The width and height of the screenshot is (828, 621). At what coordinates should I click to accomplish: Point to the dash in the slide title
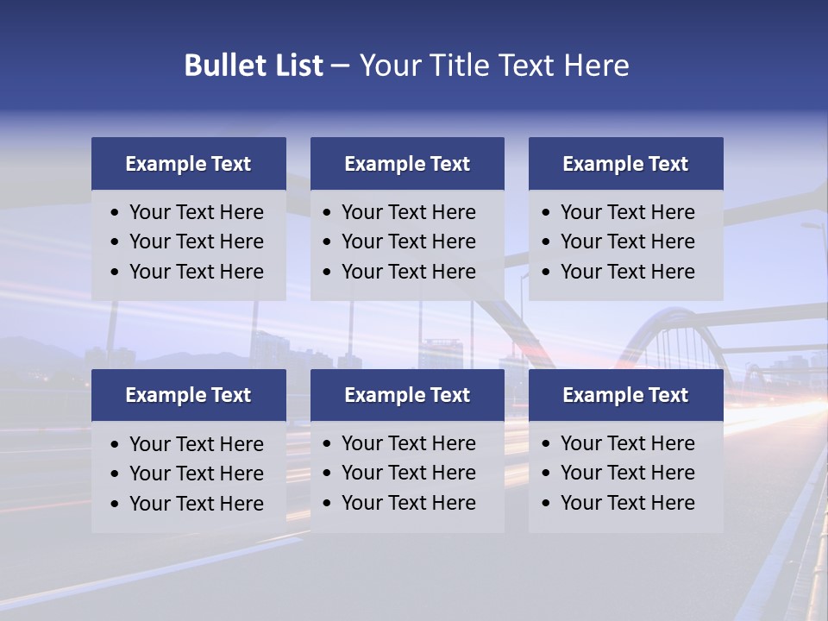point(341,66)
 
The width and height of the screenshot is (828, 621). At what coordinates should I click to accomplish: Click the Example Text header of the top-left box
point(188,164)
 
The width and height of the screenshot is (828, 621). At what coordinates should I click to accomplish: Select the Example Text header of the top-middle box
point(407,164)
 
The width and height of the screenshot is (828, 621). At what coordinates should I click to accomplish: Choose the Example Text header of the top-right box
point(625,164)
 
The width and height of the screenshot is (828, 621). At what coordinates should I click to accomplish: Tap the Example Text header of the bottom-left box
point(188,395)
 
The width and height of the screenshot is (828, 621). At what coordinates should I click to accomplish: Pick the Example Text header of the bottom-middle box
point(407,395)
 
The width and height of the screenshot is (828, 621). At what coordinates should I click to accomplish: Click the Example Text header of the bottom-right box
point(625,395)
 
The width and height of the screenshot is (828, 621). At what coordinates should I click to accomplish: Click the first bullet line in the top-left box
point(196,212)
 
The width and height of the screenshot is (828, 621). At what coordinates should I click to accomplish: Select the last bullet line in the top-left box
point(196,272)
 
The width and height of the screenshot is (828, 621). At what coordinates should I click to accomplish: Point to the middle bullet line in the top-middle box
point(408,241)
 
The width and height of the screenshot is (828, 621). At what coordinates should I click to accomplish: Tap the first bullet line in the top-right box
point(627,212)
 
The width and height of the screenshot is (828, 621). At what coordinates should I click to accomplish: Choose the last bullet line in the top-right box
point(627,272)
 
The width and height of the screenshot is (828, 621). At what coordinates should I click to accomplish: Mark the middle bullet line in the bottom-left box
point(196,474)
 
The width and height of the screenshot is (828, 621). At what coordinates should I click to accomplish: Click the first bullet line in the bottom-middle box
point(408,443)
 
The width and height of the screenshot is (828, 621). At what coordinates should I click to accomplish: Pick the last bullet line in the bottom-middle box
point(408,503)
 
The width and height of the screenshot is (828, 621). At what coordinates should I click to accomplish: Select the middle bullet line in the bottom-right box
point(627,473)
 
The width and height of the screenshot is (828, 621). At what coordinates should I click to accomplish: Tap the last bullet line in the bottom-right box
point(627,503)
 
